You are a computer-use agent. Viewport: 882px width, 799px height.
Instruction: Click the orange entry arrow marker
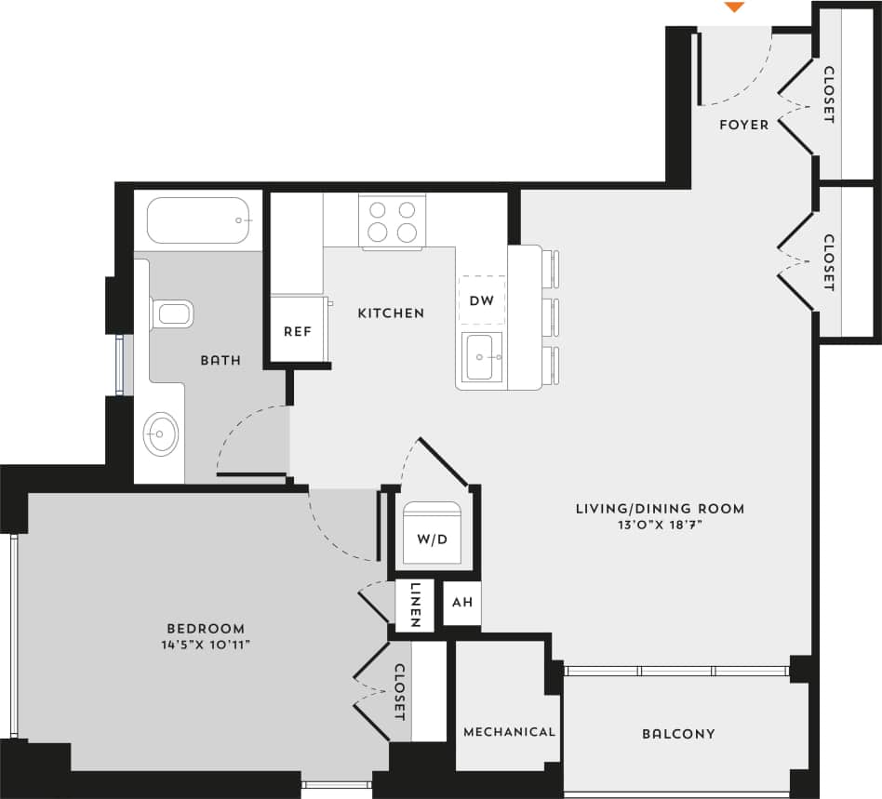[x=734, y=7]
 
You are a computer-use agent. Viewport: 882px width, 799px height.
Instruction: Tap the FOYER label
[x=744, y=125]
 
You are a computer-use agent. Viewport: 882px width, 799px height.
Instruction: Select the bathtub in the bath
[x=199, y=220]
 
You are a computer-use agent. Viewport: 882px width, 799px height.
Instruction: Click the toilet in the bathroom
[x=171, y=313]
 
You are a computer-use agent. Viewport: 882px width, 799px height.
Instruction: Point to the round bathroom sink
[x=161, y=433]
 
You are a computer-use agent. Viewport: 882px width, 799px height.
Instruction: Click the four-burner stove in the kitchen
[x=392, y=221]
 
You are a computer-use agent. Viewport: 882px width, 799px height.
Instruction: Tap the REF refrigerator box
[x=297, y=331]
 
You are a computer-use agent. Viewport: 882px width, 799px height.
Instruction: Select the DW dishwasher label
[x=482, y=300]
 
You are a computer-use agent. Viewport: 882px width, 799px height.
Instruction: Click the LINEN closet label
[x=415, y=606]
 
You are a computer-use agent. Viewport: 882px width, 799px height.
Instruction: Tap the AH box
[x=461, y=603]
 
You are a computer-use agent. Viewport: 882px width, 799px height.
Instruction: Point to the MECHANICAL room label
[x=509, y=732]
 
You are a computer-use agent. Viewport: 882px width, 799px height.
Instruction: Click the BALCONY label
[x=678, y=734]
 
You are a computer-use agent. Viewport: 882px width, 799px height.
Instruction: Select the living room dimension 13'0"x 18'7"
[x=660, y=526]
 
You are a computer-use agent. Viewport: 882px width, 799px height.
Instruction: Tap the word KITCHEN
[x=391, y=313]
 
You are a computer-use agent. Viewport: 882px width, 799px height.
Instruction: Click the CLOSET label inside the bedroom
[x=399, y=692]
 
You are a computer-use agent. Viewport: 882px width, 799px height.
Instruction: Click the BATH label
[x=220, y=360]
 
